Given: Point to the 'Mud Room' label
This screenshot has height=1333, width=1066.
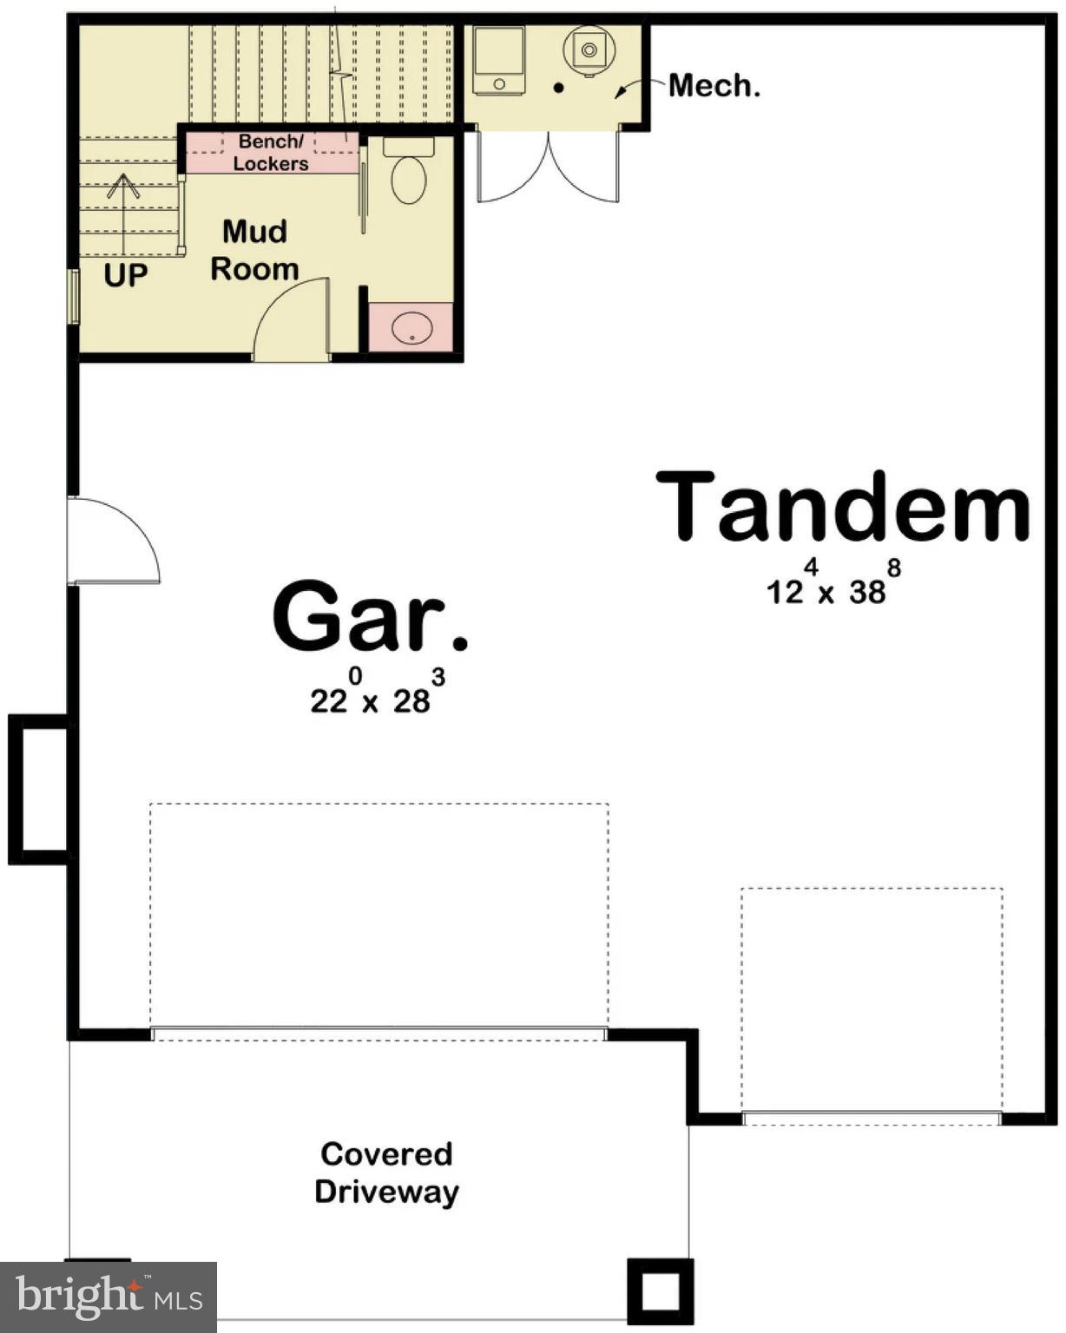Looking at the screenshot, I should pos(253,250).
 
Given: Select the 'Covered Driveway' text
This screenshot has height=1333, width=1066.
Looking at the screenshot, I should pos(386,1172).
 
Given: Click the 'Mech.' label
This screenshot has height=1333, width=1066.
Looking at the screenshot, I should pos(714,85).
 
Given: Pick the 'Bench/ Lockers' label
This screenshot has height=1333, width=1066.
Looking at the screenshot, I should pos(271,152).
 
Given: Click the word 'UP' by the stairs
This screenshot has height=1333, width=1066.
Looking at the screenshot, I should pos(126,275).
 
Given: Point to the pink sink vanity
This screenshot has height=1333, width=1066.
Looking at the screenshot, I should pos(411,327).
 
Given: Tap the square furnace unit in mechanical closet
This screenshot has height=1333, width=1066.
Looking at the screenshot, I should pos(499,59).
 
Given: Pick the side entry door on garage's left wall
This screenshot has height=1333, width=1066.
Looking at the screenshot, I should pos(113,540).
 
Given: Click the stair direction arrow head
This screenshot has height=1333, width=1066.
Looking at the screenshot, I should pos(123,185).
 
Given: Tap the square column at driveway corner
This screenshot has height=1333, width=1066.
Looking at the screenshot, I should pos(660,1290).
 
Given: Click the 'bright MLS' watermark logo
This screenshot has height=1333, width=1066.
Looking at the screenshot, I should pos(109,1297).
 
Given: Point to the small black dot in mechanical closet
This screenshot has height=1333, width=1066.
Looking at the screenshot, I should pos(558,88).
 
